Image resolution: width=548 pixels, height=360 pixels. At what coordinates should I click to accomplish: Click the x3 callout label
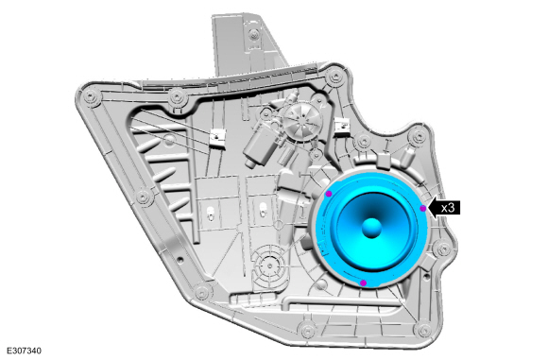pyautogui.click(x=448, y=208)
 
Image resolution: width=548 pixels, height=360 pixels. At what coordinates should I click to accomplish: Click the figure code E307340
pyautogui.click(x=24, y=351)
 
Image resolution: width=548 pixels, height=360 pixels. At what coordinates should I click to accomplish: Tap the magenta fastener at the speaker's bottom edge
pyautogui.click(x=364, y=283)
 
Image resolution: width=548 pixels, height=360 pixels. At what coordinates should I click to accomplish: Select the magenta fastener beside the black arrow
pyautogui.click(x=423, y=208)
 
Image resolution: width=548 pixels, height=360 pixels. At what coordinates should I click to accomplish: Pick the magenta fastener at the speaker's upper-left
pyautogui.click(x=329, y=194)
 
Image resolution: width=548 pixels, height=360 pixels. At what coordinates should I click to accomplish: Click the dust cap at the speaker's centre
pyautogui.click(x=371, y=229)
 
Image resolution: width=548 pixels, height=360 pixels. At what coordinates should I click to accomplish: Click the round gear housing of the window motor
pyautogui.click(x=302, y=122)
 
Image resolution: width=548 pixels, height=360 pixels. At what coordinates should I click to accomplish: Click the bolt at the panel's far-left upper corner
pyautogui.click(x=91, y=95)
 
